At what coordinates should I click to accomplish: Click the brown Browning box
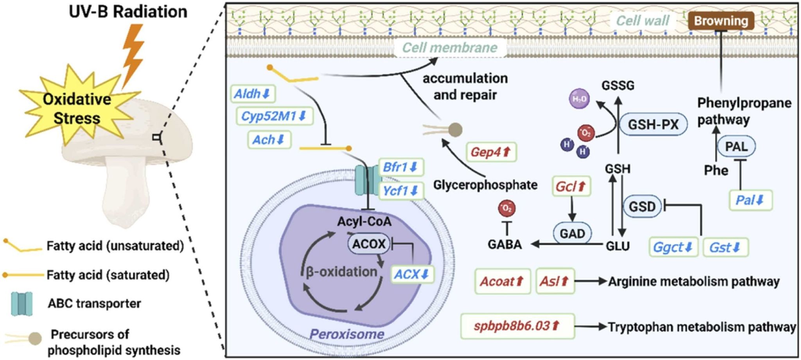[x=721, y=21]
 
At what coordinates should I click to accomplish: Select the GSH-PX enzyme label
[x=653, y=124]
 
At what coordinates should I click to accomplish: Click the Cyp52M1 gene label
[x=274, y=116]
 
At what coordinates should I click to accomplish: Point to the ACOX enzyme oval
[x=369, y=244]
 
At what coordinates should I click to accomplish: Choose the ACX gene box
[x=412, y=274]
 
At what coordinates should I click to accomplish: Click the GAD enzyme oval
[x=572, y=233]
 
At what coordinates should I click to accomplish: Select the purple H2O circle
[x=579, y=99]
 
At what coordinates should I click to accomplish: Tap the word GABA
[x=505, y=244]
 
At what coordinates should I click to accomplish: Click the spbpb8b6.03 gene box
[x=517, y=326]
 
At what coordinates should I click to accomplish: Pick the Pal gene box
[x=750, y=200]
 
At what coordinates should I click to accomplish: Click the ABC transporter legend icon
[x=22, y=303]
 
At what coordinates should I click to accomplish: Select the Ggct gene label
[x=673, y=247]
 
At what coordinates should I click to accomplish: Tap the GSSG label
[x=618, y=85]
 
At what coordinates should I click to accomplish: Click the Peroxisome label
[x=347, y=334]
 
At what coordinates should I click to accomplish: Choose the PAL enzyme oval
[x=736, y=147]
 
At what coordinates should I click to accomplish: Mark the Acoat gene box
[x=502, y=281]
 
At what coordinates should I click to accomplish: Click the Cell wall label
[x=643, y=21]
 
